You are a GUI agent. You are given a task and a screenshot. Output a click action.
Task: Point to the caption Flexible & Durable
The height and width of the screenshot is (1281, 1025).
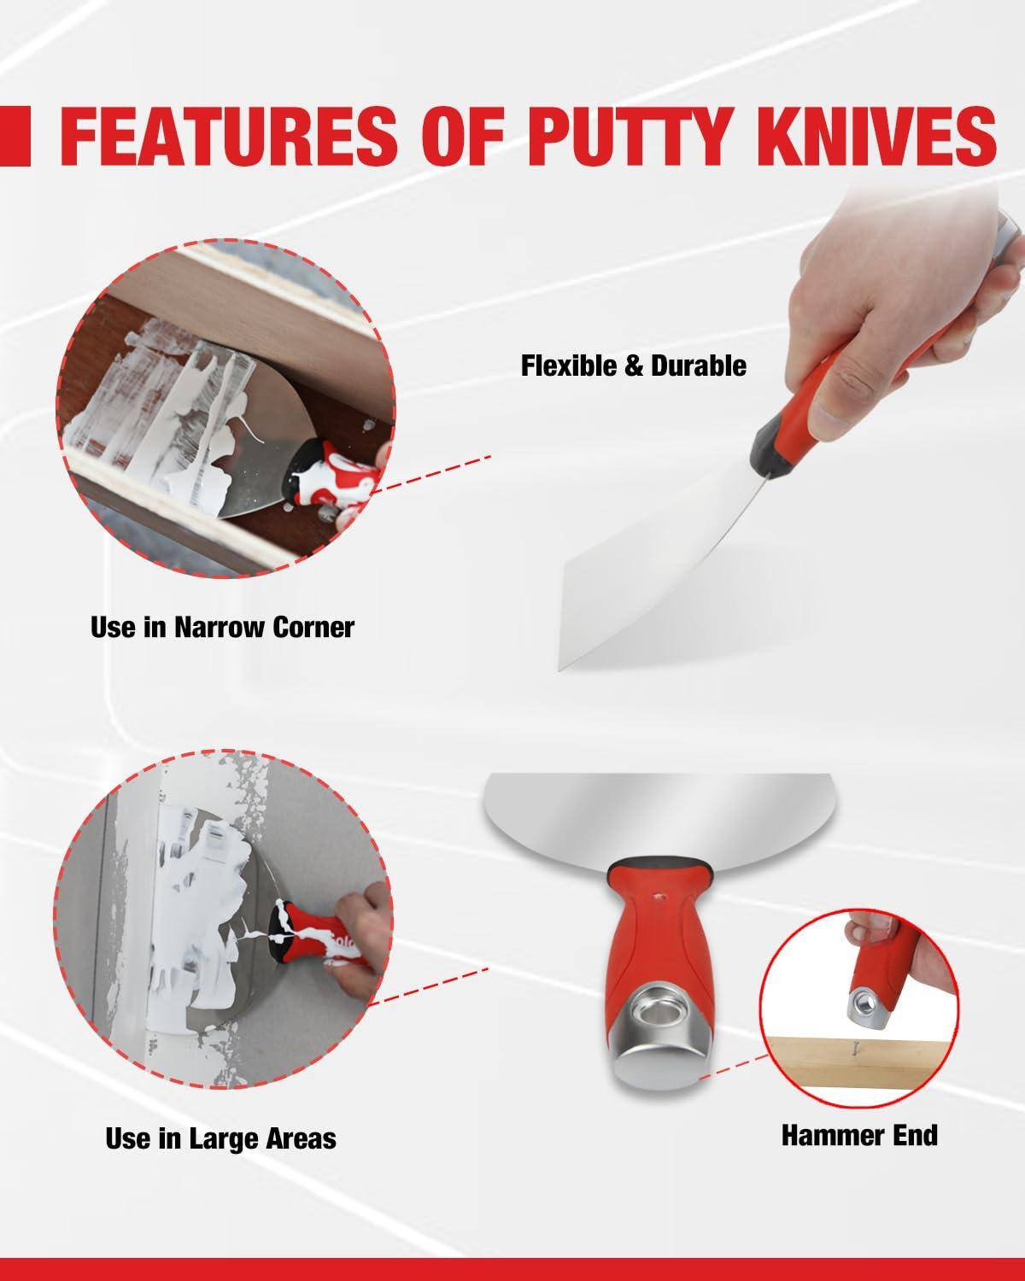click(633, 366)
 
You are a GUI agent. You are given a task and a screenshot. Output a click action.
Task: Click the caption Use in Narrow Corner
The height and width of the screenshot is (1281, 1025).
click(222, 628)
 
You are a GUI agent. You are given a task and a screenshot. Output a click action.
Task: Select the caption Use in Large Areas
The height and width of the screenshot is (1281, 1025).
click(220, 1138)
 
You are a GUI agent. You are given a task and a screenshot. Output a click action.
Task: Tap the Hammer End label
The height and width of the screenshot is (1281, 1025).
click(859, 1135)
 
